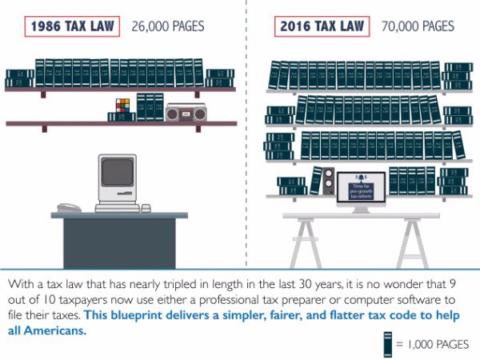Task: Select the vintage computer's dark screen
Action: coord(117,172)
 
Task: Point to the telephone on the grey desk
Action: coord(67,207)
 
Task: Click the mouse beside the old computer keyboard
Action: coord(146,208)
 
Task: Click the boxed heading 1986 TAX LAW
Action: coord(72,26)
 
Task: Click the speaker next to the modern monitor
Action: coord(326,182)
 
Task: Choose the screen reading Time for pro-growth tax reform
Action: coord(361,187)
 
